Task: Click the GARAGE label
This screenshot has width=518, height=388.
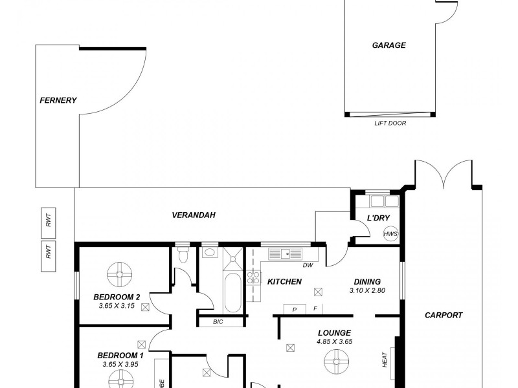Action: point(388,45)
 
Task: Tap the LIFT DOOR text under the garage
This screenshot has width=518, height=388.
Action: point(390,123)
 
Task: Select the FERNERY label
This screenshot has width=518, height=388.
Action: point(58,100)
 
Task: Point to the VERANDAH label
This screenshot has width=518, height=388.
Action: point(193,215)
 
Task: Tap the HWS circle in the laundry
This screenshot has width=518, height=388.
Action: point(390,234)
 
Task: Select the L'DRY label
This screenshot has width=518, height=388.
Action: point(378,218)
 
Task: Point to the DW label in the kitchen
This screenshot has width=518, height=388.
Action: point(308,265)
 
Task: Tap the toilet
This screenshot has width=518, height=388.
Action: point(183,255)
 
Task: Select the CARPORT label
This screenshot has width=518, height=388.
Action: point(444,316)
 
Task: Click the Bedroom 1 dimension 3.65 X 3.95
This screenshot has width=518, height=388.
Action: point(120,365)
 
